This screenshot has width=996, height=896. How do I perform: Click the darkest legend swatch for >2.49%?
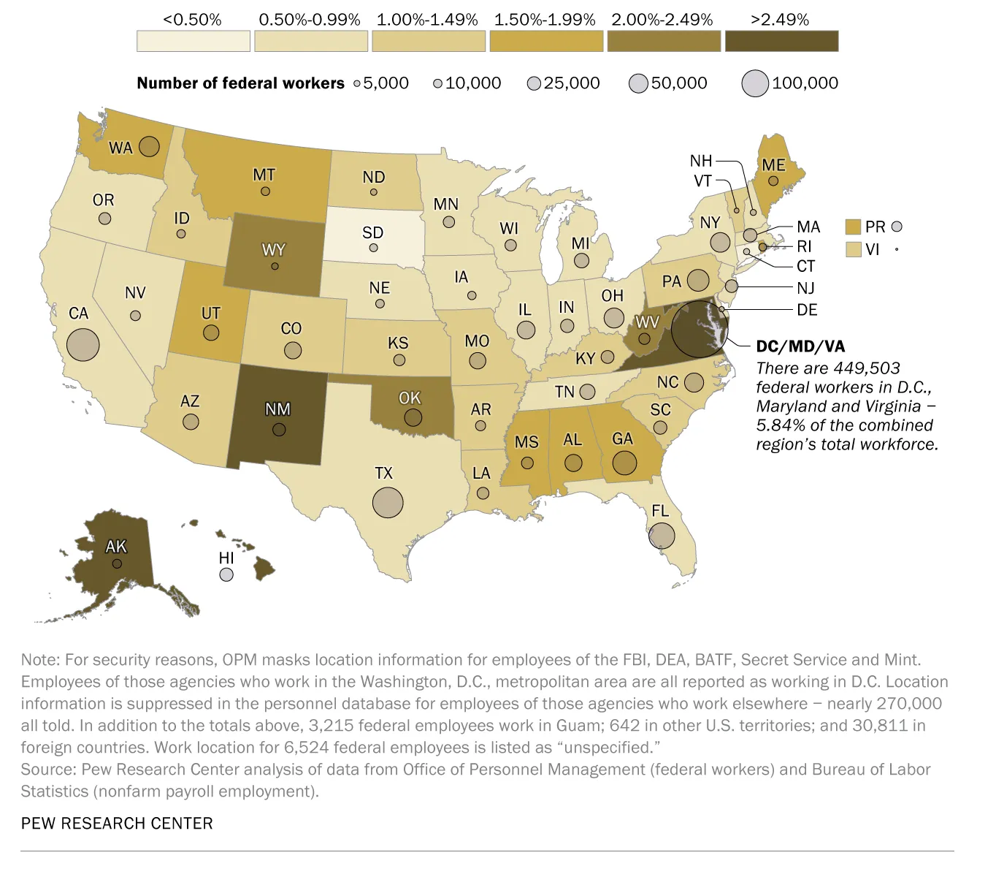click(781, 41)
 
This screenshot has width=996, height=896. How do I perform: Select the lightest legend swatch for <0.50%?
click(193, 41)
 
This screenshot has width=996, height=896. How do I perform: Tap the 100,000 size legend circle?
click(755, 83)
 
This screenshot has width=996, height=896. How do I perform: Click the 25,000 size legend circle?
click(534, 84)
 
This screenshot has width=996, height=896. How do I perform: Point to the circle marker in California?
click(83, 344)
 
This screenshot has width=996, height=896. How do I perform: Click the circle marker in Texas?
click(388, 502)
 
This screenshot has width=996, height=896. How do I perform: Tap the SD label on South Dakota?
click(372, 232)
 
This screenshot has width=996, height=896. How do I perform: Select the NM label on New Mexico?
click(277, 409)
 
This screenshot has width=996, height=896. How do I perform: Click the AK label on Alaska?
click(116, 546)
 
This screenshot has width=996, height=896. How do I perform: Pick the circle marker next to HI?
click(226, 575)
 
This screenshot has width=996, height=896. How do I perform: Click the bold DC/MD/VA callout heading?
click(800, 346)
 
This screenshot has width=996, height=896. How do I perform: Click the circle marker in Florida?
click(662, 536)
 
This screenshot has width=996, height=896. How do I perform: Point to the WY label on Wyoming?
click(274, 250)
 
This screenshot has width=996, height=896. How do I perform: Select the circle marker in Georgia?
click(624, 463)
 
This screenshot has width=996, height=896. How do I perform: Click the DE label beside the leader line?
click(807, 310)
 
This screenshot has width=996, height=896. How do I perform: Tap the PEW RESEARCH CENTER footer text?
click(117, 823)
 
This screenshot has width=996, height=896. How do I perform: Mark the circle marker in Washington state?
click(149, 146)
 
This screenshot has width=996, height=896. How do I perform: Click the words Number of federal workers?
click(240, 83)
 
